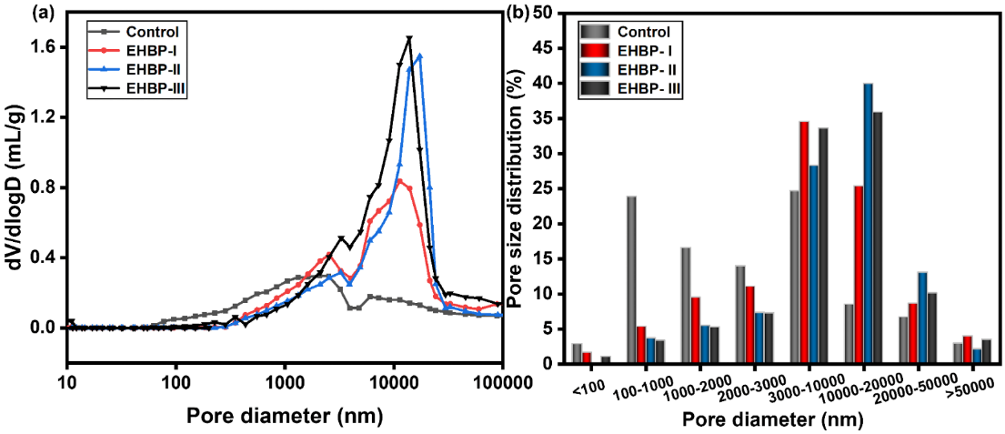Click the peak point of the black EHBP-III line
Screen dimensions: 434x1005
pyautogui.click(x=409, y=38)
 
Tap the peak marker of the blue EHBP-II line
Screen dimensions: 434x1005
pyautogui.click(x=419, y=56)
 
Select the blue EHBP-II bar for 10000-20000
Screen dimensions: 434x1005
pyautogui.click(x=868, y=224)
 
